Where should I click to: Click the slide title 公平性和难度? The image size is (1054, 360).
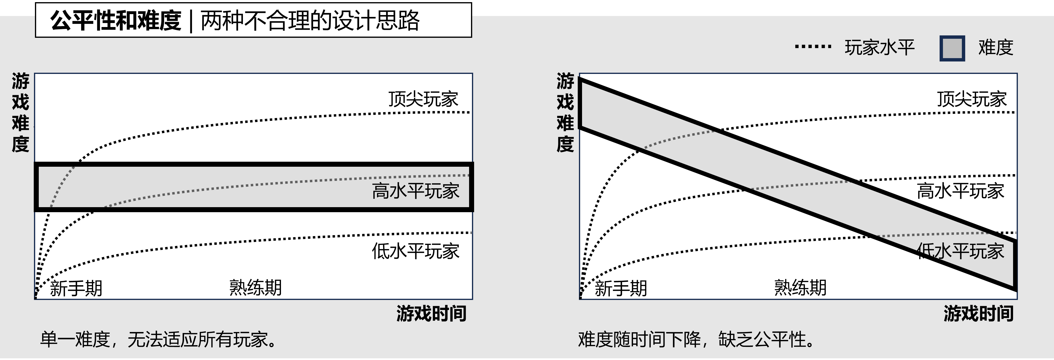tap(116, 21)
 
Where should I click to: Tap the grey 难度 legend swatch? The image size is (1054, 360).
tap(952, 48)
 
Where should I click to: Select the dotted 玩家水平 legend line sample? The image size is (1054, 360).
tap(813, 47)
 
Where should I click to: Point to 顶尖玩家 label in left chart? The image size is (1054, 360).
tap(423, 99)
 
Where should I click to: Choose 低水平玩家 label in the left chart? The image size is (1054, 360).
tap(416, 251)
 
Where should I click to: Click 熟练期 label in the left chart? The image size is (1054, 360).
tap(255, 287)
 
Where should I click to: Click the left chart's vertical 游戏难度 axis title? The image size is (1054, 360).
tap(20, 112)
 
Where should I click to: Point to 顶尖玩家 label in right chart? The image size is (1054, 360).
tap(972, 99)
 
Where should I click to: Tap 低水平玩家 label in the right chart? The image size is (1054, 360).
tap(960, 251)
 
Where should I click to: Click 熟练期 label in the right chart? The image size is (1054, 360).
tap(800, 287)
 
